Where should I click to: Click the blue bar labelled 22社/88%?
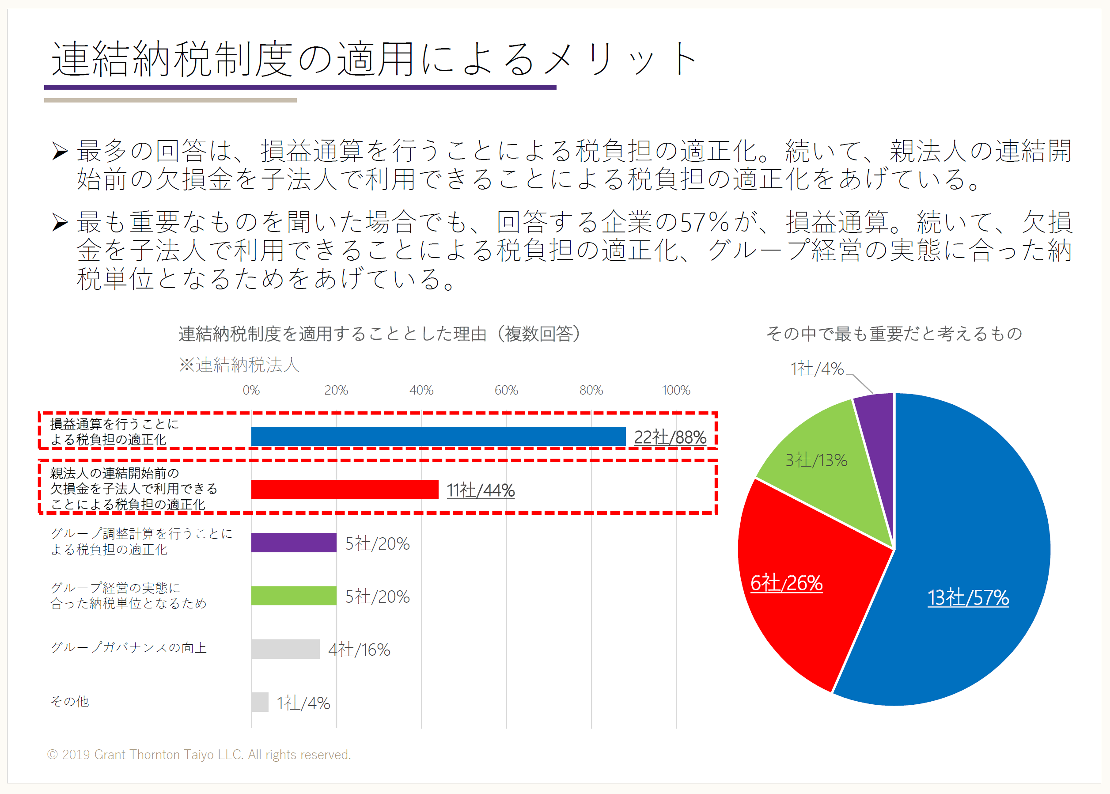[438, 436]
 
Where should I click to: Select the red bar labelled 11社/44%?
[345, 490]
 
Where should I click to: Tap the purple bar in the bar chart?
[294, 542]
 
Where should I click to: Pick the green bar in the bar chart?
[294, 596]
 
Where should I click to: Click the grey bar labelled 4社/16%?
[285, 649]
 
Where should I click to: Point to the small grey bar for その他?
[260, 702]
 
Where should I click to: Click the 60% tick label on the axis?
[506, 390]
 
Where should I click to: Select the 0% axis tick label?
[251, 390]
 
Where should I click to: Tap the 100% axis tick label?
[676, 390]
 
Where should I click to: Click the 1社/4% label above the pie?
[817, 369]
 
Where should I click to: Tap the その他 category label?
[70, 702]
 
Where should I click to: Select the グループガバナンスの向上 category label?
[129, 648]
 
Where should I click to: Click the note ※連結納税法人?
[239, 365]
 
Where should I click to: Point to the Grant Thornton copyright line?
[199, 754]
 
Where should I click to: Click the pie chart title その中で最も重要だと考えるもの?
[894, 334]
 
